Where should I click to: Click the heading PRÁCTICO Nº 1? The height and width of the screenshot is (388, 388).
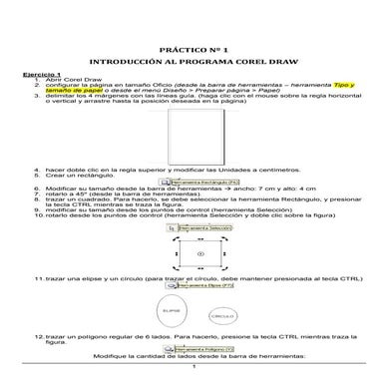(x=194, y=48)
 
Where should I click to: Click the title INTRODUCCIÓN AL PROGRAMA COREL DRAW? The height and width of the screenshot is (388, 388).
(x=194, y=60)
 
